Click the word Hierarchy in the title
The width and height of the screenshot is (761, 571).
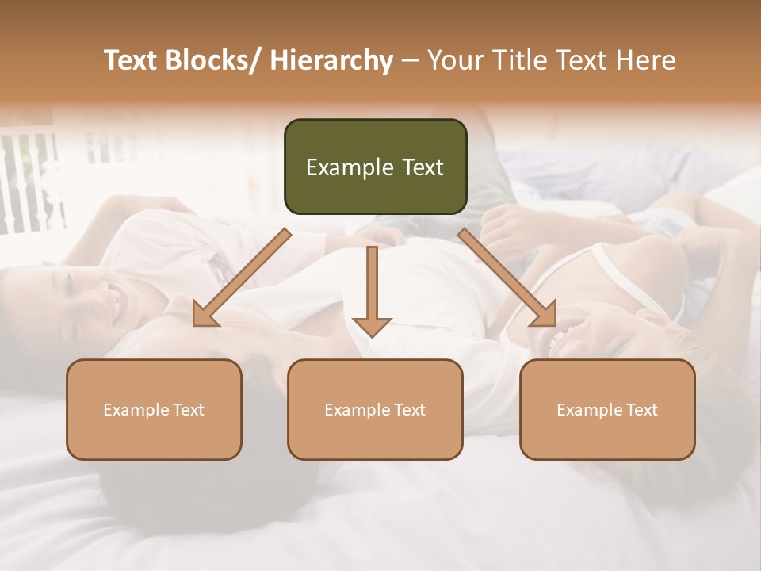pyautogui.click(x=331, y=60)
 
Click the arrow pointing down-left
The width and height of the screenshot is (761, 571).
pyautogui.click(x=242, y=278)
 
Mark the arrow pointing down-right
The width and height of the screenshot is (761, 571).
pyautogui.click(x=507, y=278)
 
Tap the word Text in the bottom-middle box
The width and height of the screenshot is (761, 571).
pyautogui.click(x=409, y=410)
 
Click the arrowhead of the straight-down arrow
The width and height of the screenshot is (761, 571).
pyautogui.click(x=372, y=326)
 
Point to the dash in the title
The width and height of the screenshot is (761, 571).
pyautogui.click(x=410, y=60)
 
